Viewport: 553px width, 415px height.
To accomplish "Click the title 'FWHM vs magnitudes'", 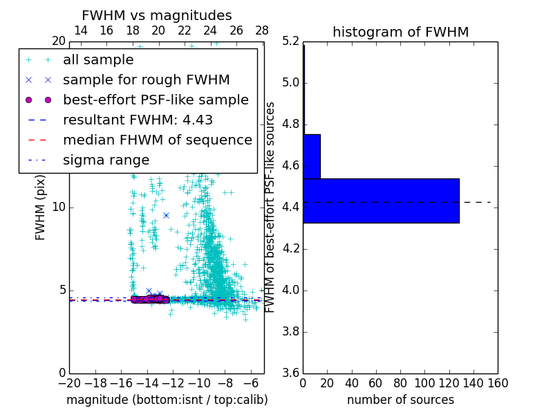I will pos(157,15).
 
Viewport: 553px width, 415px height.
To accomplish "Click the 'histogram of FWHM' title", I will pos(400,32).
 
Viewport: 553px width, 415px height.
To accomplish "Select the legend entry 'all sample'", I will pos(98,60).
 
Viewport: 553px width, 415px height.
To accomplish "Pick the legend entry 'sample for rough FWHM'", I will pos(146,80).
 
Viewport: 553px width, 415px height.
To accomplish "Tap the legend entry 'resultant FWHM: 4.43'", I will pos(138,120).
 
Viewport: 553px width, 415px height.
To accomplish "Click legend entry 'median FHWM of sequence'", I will pos(157,140).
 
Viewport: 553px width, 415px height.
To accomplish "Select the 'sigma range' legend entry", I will pos(106,160).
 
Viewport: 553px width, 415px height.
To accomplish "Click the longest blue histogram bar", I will pos(381,201).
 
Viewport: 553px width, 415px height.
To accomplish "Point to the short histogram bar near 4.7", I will pos(311,156).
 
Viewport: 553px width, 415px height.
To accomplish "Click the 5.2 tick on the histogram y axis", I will pos(291,41).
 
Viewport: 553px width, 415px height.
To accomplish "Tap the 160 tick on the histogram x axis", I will pos(498,382).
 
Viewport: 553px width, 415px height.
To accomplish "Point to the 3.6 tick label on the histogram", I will pos(291,373).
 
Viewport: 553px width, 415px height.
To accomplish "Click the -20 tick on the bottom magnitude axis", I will pos(69,382).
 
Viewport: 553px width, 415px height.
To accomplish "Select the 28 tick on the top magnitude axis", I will pos(262,30).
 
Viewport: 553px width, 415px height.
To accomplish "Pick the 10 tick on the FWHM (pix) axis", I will pos(59,207).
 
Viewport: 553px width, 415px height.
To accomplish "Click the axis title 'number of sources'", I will pos(400,400).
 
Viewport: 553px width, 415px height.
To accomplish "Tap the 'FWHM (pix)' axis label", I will pos(41,207).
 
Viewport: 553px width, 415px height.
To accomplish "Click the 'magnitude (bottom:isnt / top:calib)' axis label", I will pos(167,400).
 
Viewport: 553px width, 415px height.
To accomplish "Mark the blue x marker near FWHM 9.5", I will pos(166,215).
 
